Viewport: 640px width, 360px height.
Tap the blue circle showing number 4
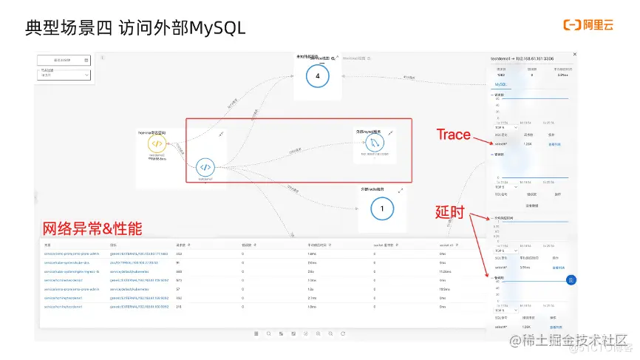click(317, 77)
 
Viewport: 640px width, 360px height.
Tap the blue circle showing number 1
click(381, 209)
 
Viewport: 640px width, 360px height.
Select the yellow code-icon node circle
click(156, 143)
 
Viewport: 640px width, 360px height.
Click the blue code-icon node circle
click(206, 166)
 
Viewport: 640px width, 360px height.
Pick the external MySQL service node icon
click(376, 142)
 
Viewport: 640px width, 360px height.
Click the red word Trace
click(453, 135)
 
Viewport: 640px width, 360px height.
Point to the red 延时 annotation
click(450, 212)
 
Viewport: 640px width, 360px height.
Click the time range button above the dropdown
click(64, 60)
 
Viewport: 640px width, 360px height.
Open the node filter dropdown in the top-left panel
click(64, 74)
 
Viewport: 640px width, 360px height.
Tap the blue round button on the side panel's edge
click(571, 279)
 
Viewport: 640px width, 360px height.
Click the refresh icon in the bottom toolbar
click(342, 334)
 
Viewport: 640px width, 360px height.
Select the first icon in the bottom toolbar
click(256, 334)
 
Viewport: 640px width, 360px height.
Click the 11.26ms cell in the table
click(446, 271)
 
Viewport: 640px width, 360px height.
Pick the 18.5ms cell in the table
click(445, 289)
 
